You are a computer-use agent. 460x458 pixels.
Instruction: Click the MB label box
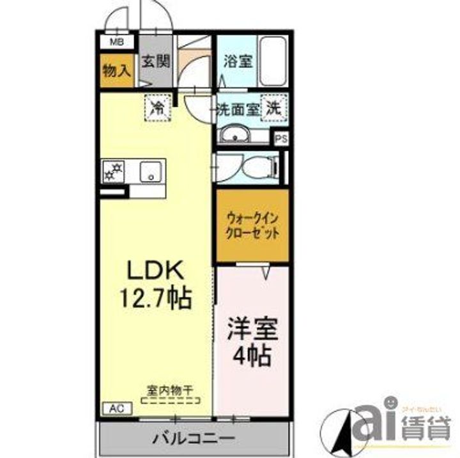116,43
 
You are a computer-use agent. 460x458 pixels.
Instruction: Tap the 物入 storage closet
116,71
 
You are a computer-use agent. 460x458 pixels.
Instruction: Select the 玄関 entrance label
155,62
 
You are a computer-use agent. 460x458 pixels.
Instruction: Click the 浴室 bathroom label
236,62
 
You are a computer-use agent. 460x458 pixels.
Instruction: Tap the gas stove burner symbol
115,172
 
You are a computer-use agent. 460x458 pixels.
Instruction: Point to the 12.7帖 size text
157,297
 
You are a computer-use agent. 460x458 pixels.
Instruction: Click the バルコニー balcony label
194,440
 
